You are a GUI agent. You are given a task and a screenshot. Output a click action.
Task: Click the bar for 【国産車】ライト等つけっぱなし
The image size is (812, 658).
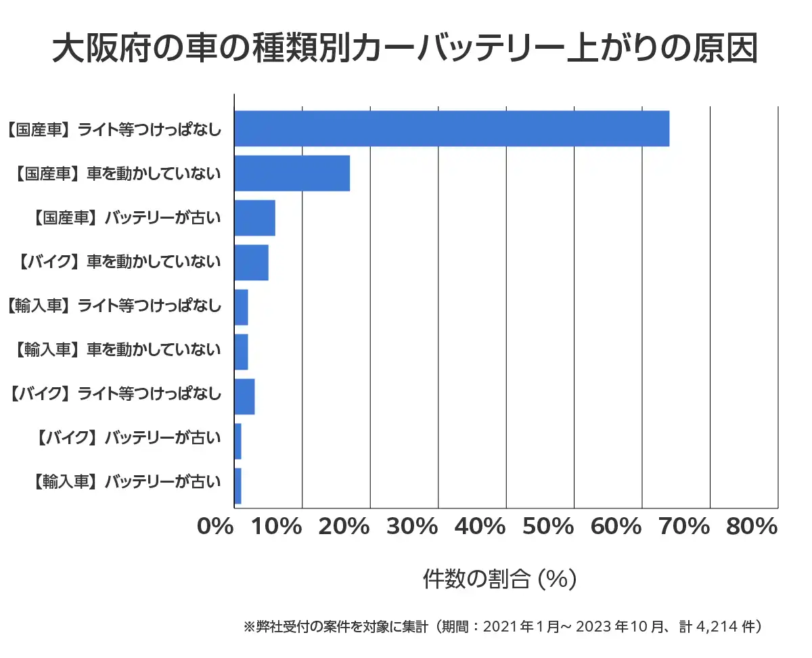click(x=451, y=128)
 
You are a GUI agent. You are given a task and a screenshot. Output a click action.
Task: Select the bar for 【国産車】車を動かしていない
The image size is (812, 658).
click(x=292, y=173)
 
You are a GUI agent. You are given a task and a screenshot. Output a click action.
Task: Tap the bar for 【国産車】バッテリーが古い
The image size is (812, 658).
click(x=254, y=218)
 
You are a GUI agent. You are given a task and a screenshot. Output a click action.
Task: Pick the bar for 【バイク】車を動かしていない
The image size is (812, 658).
click(x=251, y=263)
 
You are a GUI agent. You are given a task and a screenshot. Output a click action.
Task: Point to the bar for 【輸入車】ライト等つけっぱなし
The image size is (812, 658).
click(x=241, y=307)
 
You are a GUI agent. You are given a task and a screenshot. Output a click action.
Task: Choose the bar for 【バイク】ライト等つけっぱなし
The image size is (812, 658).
click(x=244, y=397)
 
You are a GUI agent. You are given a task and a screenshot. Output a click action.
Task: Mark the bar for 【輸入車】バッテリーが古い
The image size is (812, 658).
click(x=238, y=486)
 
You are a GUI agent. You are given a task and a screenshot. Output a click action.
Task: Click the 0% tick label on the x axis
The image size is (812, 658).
click(x=215, y=527)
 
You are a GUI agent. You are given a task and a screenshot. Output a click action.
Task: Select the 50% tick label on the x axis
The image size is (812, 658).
click(x=548, y=527)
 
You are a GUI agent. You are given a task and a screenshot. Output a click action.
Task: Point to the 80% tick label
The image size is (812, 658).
click(x=751, y=527)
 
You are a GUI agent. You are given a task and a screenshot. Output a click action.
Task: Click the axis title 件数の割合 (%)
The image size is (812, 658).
click(x=499, y=579)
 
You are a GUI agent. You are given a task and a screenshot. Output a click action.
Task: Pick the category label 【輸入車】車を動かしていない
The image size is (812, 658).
click(x=117, y=349)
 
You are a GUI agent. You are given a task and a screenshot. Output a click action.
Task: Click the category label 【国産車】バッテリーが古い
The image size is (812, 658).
click(x=127, y=218)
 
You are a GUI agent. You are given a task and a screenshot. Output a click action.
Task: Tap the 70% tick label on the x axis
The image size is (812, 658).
click(x=683, y=527)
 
